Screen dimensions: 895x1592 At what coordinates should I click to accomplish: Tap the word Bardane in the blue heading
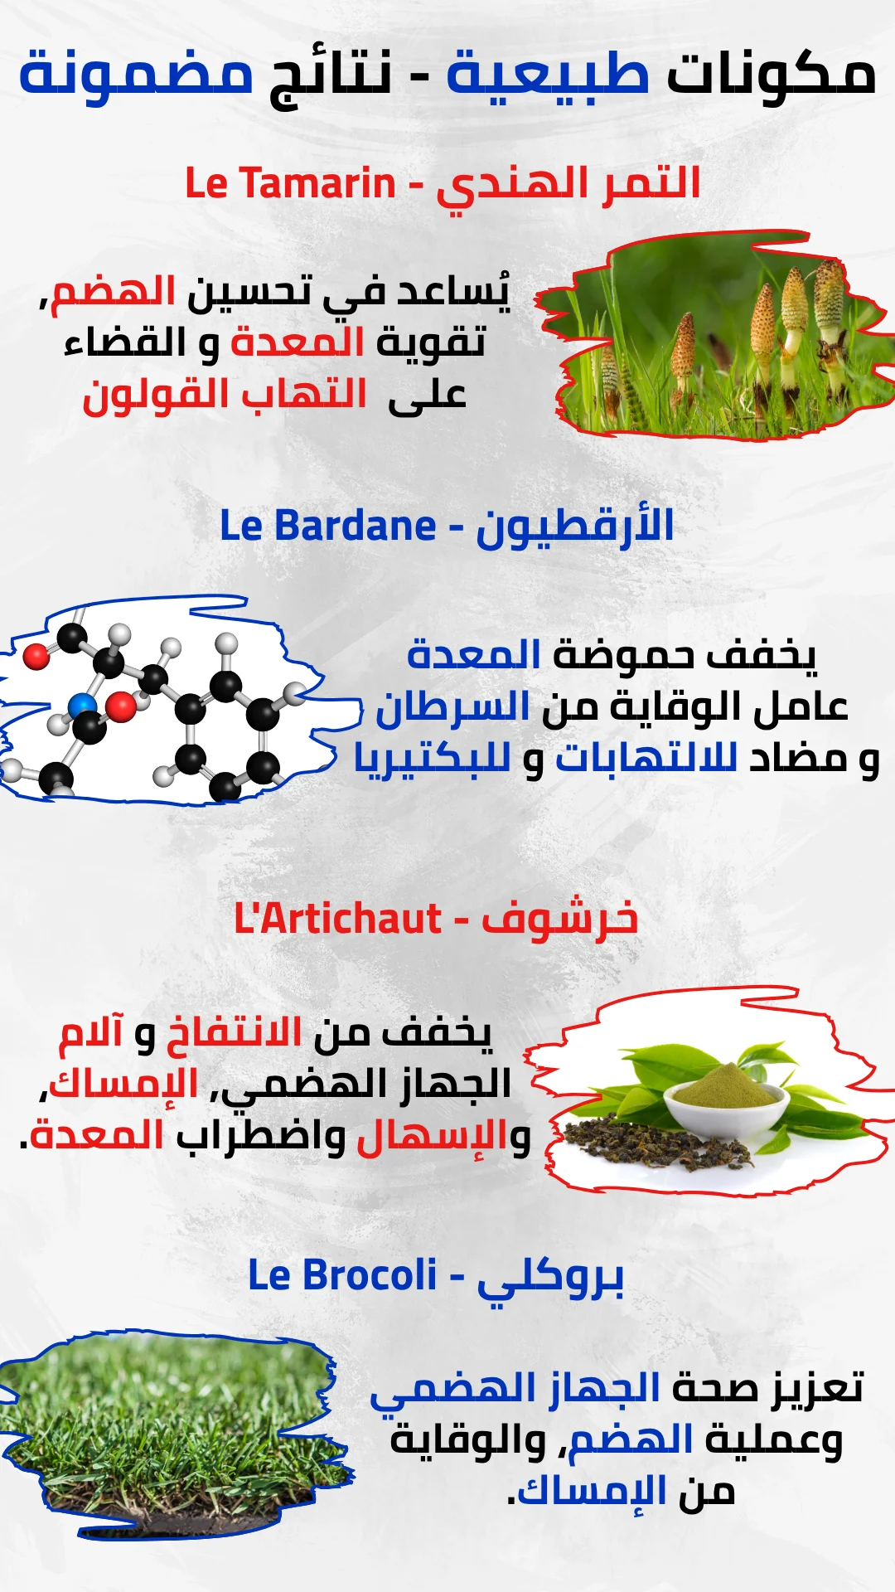(x=355, y=526)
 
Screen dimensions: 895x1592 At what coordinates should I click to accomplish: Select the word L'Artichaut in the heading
(x=338, y=919)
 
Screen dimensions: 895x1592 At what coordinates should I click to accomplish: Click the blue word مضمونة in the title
(x=137, y=73)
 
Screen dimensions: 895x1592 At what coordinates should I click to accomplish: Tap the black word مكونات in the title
(x=772, y=73)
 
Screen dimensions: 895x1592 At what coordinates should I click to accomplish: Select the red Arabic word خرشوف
(x=560, y=919)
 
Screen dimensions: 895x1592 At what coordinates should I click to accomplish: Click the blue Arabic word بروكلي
(x=550, y=1278)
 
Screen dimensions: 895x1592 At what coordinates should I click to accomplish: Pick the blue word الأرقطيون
(x=575, y=526)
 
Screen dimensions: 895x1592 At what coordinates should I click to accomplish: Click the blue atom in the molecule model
(x=83, y=706)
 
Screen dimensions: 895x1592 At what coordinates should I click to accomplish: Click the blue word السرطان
(x=452, y=707)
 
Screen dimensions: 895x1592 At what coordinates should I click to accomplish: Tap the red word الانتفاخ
(x=235, y=1033)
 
